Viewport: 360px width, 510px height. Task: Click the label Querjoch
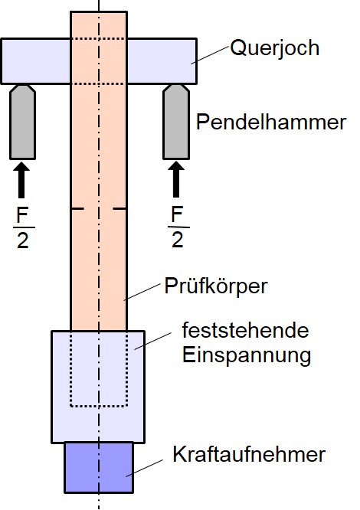coord(274,49)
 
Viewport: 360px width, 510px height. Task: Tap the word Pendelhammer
coord(271,123)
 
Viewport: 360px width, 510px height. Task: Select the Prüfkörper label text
coord(215,286)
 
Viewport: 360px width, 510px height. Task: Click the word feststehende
coord(245,331)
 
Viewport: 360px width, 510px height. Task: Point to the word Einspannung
coord(247,355)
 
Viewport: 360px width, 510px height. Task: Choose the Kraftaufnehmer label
coord(249,454)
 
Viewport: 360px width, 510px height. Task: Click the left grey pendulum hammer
coord(22,122)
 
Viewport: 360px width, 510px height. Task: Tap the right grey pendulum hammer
coord(176,122)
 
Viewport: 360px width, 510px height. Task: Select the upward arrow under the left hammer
coord(21,180)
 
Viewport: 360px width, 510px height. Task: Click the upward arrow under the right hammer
coord(176,179)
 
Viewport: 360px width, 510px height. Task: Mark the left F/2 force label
coord(23,227)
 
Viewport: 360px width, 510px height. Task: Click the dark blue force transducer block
coord(99,467)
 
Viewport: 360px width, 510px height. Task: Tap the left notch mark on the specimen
coord(77,208)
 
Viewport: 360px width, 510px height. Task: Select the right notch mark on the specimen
coord(119,208)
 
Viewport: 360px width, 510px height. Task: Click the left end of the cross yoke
coord(2,61)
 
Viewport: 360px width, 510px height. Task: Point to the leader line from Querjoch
coord(210,54)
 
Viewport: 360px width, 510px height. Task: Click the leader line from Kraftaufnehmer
coord(145,468)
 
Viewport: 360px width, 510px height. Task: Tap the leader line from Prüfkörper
coord(142,292)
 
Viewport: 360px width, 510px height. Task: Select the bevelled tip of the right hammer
coord(176,89)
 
